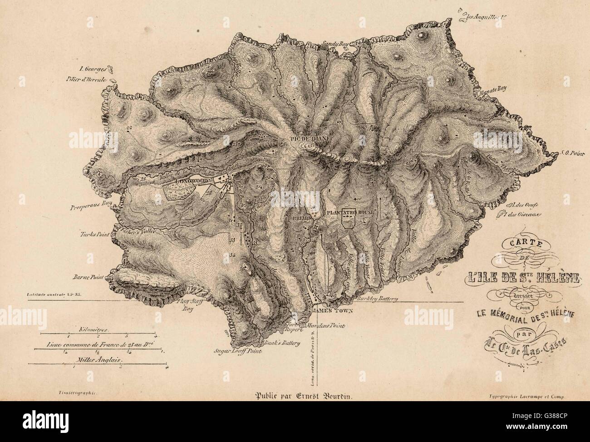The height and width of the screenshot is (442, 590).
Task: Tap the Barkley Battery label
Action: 378,299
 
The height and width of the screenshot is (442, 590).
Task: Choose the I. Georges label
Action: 92,69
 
